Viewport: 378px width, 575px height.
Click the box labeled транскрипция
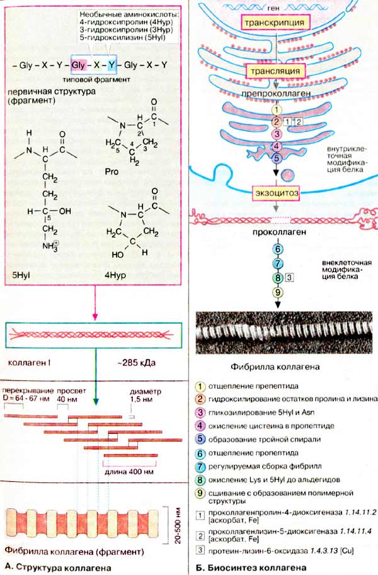click(275, 22)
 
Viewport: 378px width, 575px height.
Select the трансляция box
click(276, 72)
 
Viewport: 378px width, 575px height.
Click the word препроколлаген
click(276, 93)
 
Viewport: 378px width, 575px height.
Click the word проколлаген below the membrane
click(276, 232)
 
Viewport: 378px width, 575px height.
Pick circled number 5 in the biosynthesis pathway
click(276, 158)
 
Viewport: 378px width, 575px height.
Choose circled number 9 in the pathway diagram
click(276, 292)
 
